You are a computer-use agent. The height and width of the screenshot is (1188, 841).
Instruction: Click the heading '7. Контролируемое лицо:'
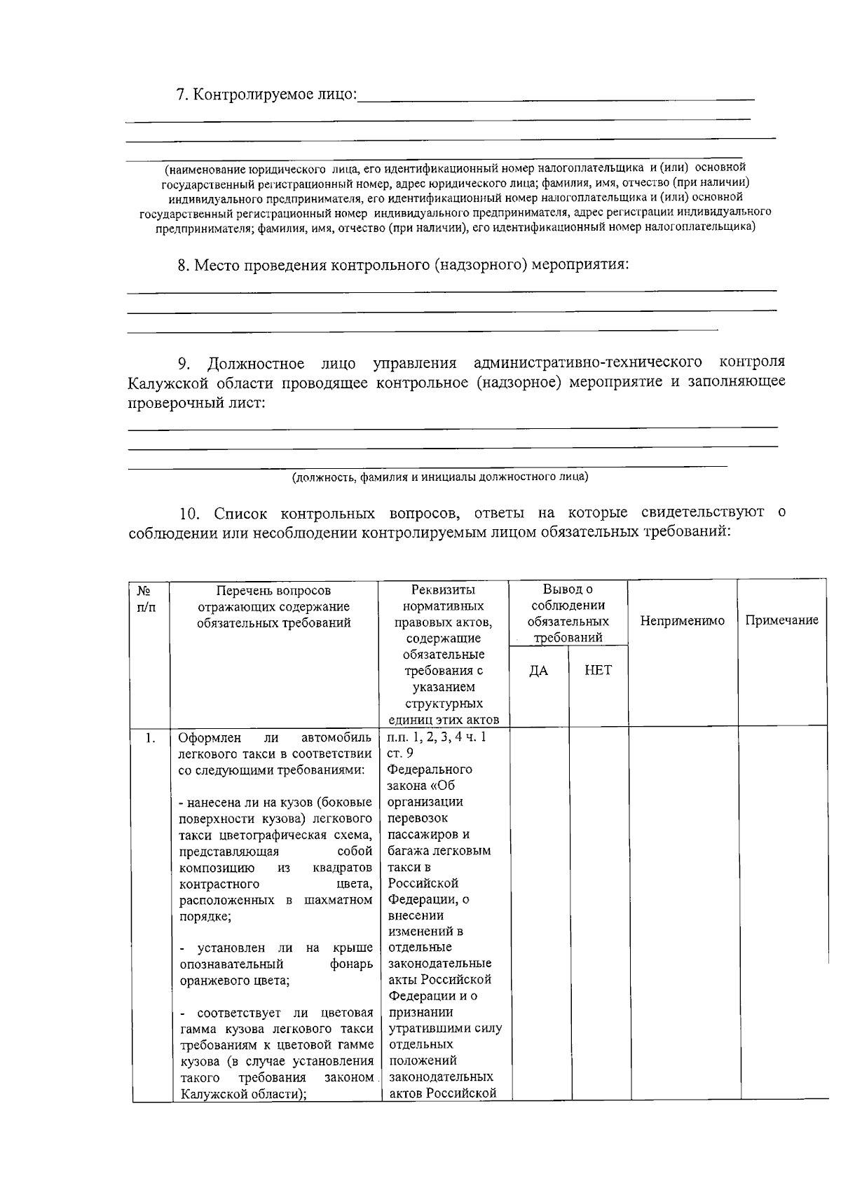pyautogui.click(x=266, y=95)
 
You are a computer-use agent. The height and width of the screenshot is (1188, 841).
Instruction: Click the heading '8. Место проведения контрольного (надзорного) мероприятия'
pyautogui.click(x=403, y=266)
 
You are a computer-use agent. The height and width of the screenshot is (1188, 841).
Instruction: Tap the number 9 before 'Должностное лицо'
pyautogui.click(x=184, y=363)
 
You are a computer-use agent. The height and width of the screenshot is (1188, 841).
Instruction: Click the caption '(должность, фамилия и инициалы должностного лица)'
pyautogui.click(x=440, y=478)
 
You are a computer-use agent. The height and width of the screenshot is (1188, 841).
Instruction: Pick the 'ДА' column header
pyautogui.click(x=538, y=671)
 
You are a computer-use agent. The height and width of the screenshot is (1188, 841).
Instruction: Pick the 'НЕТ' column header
pyautogui.click(x=598, y=671)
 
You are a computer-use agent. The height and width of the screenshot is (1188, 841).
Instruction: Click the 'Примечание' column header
pyautogui.click(x=781, y=621)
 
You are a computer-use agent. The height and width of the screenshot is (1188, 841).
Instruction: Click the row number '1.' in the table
pyautogui.click(x=149, y=738)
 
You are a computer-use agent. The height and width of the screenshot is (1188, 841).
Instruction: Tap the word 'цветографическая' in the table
pyautogui.click(x=273, y=835)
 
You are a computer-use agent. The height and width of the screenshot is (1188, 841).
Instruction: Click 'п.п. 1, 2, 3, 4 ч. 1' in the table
pyautogui.click(x=437, y=737)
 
